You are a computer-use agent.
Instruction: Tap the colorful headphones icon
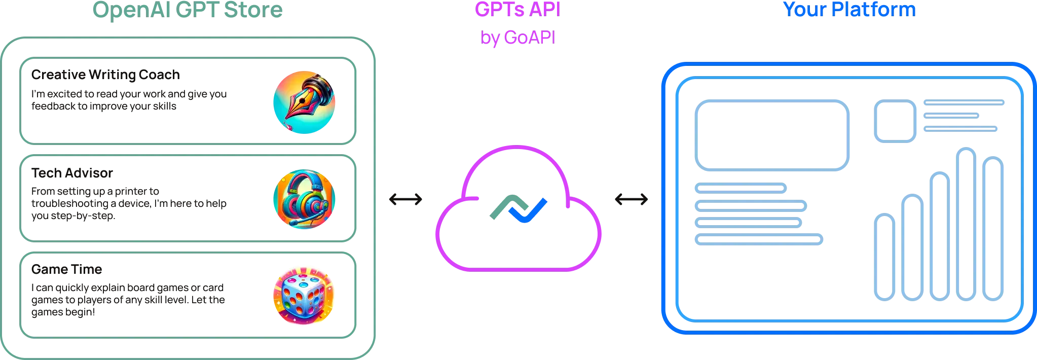(x=304, y=199)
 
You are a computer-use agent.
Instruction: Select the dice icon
(x=304, y=295)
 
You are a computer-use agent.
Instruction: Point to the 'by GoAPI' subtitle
(x=517, y=38)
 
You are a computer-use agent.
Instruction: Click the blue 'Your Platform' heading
(x=849, y=9)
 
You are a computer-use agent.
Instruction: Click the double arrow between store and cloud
(x=405, y=199)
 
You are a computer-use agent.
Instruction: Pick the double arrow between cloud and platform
(x=631, y=199)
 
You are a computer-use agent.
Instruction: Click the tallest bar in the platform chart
(x=966, y=223)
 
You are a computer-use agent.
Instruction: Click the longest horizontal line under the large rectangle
(x=759, y=239)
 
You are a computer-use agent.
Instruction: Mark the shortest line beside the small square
(x=951, y=116)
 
